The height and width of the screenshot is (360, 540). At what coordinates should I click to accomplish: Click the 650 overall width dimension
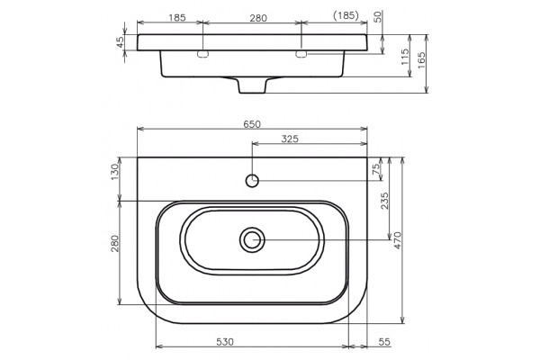(x=252, y=124)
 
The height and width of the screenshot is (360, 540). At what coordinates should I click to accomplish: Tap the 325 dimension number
(x=290, y=139)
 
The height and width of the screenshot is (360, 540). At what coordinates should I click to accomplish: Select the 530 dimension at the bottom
(x=225, y=342)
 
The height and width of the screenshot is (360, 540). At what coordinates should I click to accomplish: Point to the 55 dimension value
(x=384, y=342)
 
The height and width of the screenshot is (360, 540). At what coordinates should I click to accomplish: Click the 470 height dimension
(x=398, y=240)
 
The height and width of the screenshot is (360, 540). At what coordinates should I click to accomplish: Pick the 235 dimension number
(x=384, y=201)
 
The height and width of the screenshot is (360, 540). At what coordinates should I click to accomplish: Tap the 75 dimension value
(x=376, y=168)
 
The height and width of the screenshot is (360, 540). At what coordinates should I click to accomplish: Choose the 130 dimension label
(x=114, y=172)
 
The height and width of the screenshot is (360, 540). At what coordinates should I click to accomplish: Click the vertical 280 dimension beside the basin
(x=114, y=243)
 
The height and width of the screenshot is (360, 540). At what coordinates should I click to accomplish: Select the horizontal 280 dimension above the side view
(x=258, y=18)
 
